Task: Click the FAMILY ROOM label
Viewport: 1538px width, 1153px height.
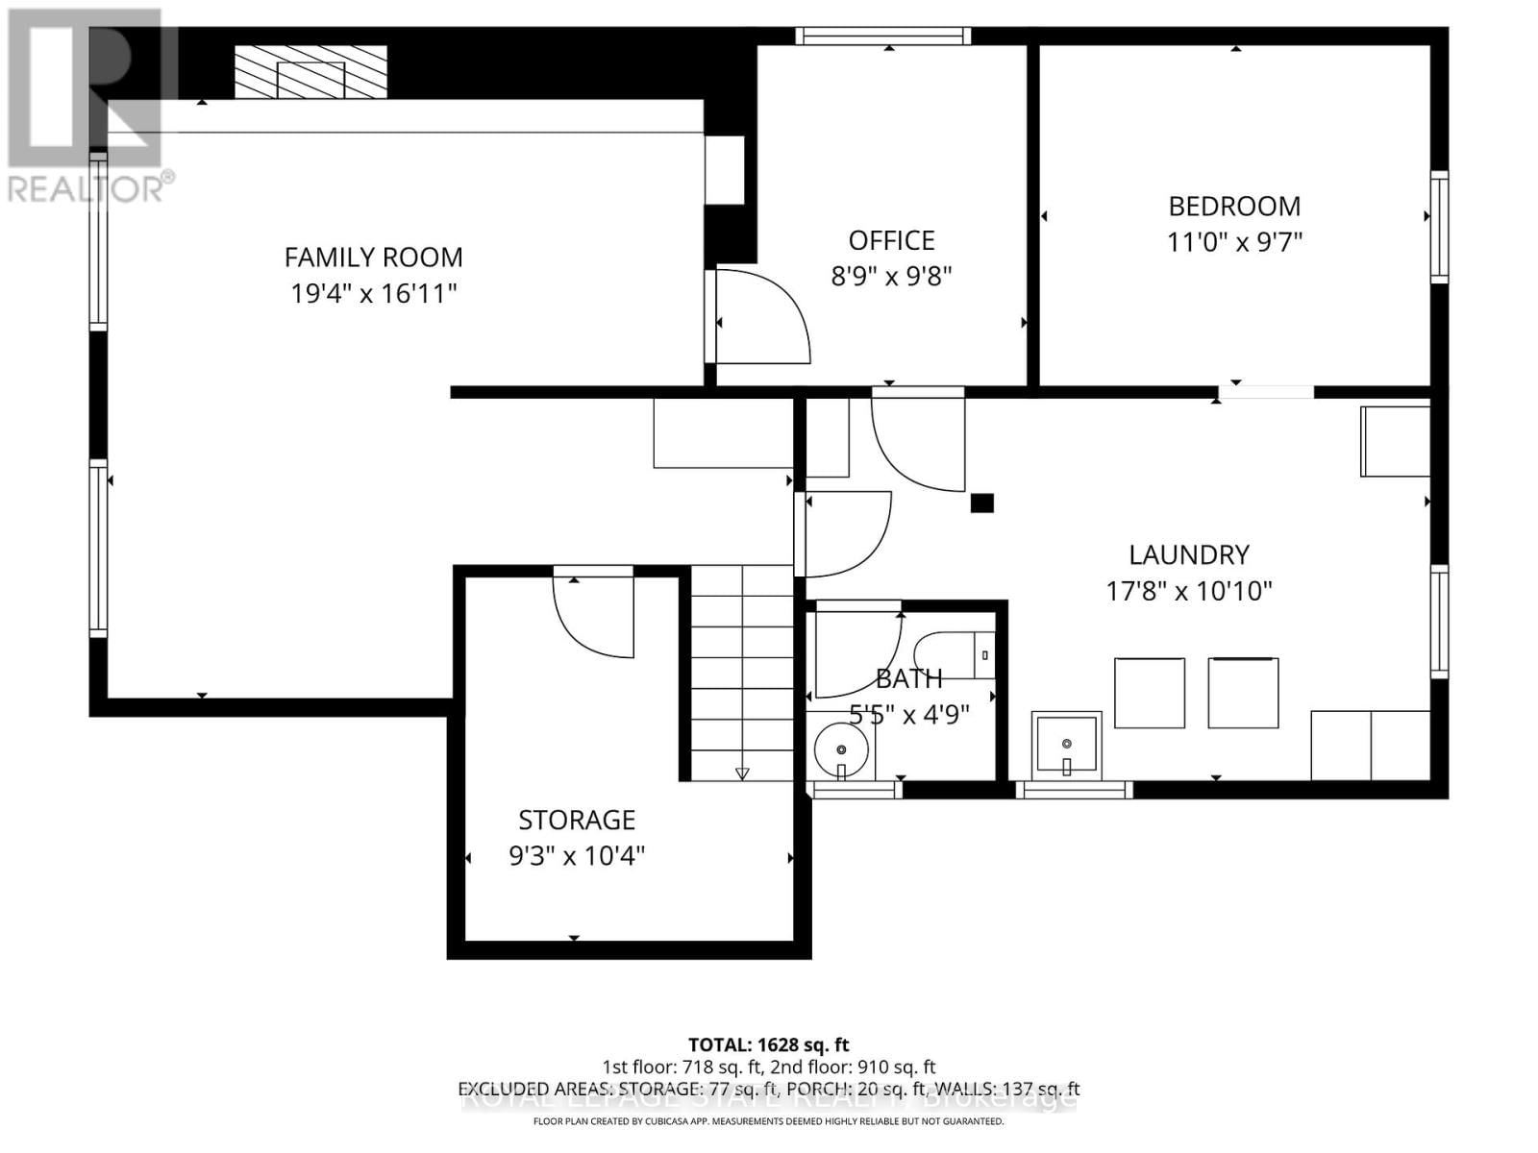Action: coord(373,258)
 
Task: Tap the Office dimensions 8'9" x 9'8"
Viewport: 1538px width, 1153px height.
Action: coord(891,277)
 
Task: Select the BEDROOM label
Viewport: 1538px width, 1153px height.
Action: coord(1234,207)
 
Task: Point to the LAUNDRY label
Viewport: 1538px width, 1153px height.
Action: coord(1189,555)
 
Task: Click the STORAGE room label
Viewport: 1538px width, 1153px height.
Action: coord(577,821)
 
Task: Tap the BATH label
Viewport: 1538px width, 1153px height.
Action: coord(908,679)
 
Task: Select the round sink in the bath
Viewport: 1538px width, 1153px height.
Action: coord(841,749)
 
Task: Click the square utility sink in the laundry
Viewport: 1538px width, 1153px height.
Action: coord(1066,744)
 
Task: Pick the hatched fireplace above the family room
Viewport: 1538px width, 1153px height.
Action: coord(310,72)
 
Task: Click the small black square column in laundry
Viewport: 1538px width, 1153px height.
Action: coord(981,503)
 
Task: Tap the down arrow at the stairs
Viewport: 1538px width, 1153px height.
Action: coord(742,773)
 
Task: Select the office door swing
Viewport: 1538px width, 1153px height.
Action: coord(759,317)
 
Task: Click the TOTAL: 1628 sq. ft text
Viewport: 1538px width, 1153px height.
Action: coord(768,1044)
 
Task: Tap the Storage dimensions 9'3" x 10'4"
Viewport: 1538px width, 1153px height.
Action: coord(577,855)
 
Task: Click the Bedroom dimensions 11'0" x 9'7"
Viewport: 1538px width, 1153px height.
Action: coord(1234,242)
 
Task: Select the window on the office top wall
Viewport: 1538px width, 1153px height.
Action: coord(882,37)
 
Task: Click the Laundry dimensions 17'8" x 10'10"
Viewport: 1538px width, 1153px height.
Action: coord(1189,591)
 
